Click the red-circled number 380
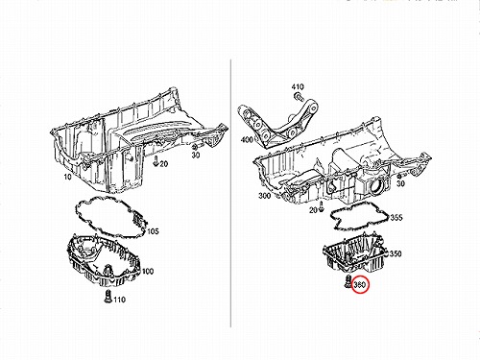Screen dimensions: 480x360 [359, 284]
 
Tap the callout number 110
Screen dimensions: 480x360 [119, 300]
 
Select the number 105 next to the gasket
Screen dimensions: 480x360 [153, 231]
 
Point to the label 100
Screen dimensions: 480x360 [148, 272]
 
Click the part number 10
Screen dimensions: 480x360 [68, 177]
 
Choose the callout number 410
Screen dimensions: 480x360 [298, 86]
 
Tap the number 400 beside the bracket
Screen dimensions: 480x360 [247, 140]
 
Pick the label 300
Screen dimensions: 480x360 [264, 196]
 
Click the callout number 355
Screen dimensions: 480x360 [396, 218]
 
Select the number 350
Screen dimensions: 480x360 [396, 253]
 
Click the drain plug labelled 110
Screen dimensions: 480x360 [108, 296]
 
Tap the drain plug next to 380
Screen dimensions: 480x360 [348, 281]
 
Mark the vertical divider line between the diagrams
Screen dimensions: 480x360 [230, 193]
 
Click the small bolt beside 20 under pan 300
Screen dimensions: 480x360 [322, 207]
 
